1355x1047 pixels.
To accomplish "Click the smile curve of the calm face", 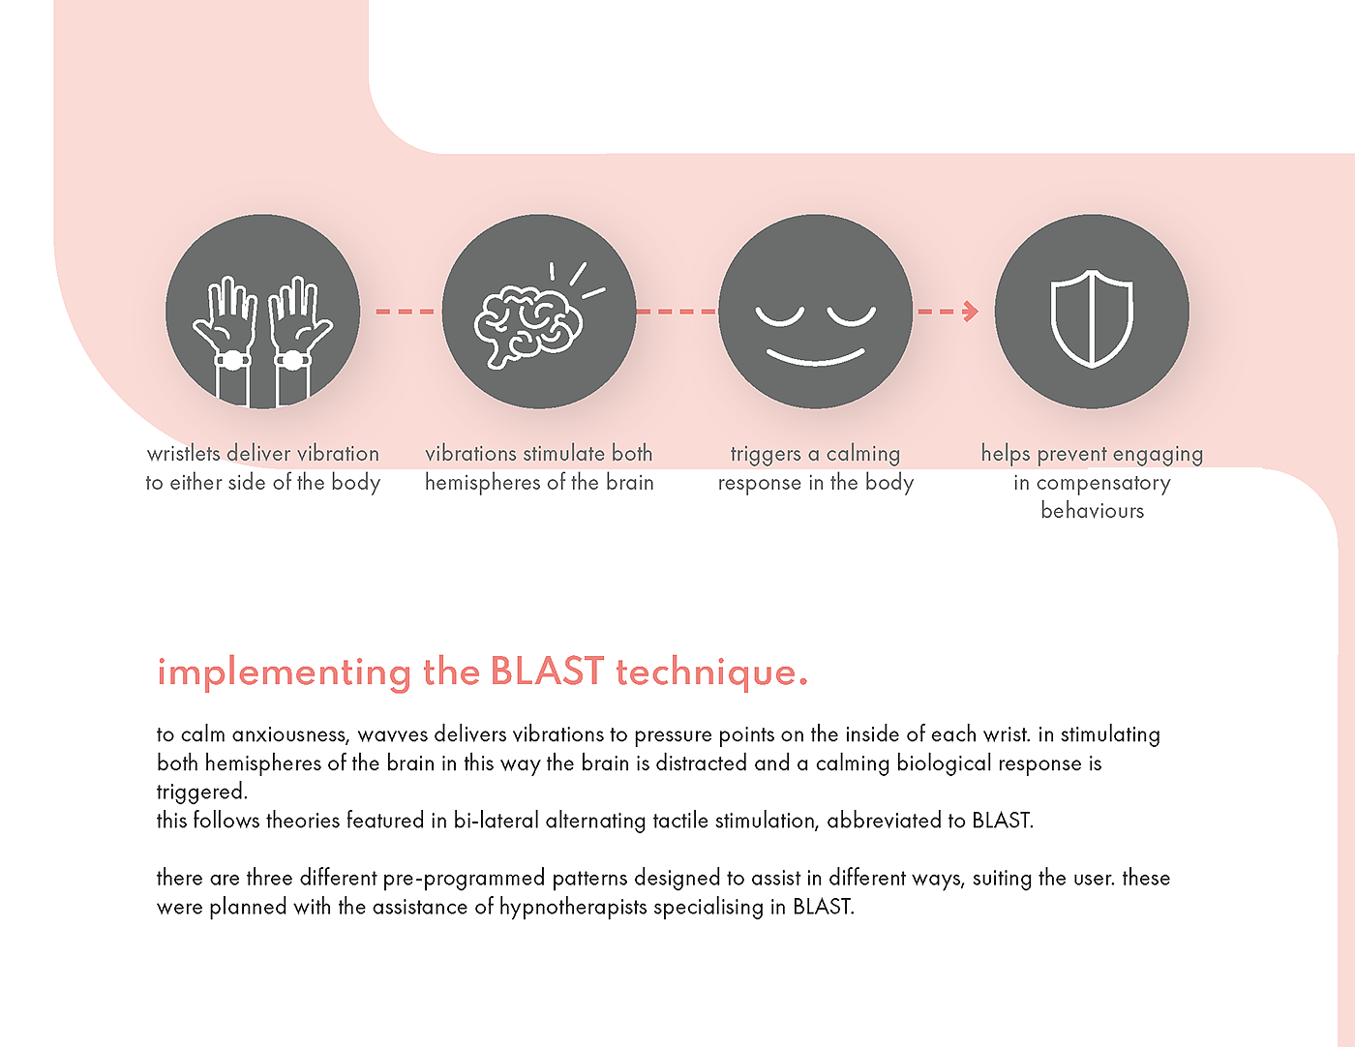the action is [815, 359].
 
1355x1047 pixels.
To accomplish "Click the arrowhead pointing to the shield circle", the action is [970, 311].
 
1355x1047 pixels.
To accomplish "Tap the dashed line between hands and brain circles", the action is [405, 311].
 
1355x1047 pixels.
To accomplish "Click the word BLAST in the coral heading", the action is [547, 672].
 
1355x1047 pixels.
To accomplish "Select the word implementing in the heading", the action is [284, 673].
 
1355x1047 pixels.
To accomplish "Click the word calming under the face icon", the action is [863, 455].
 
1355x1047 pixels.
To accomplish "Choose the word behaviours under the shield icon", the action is [1092, 511].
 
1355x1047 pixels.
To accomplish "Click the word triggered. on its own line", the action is [202, 793].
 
